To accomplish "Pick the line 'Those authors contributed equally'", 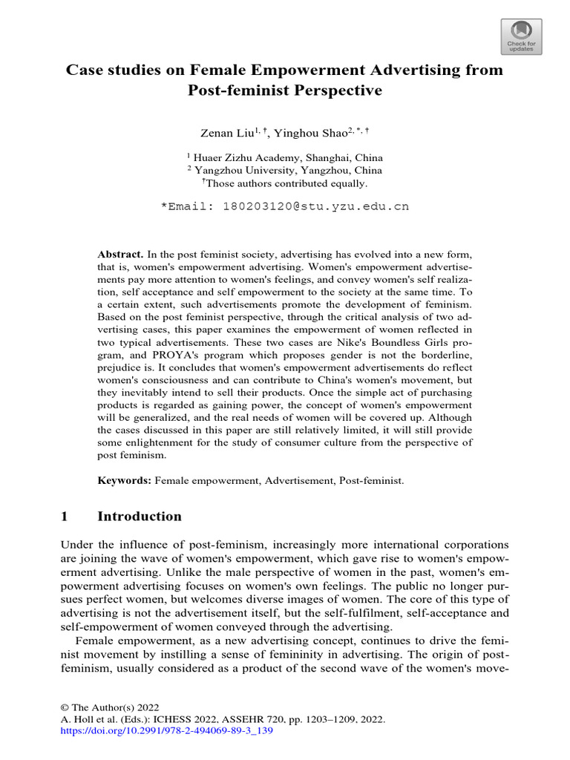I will click(286, 183).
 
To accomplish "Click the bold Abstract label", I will click(120, 234).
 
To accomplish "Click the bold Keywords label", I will click(125, 481).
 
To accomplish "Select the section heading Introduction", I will click(140, 517).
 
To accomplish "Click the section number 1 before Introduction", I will click(65, 517).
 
